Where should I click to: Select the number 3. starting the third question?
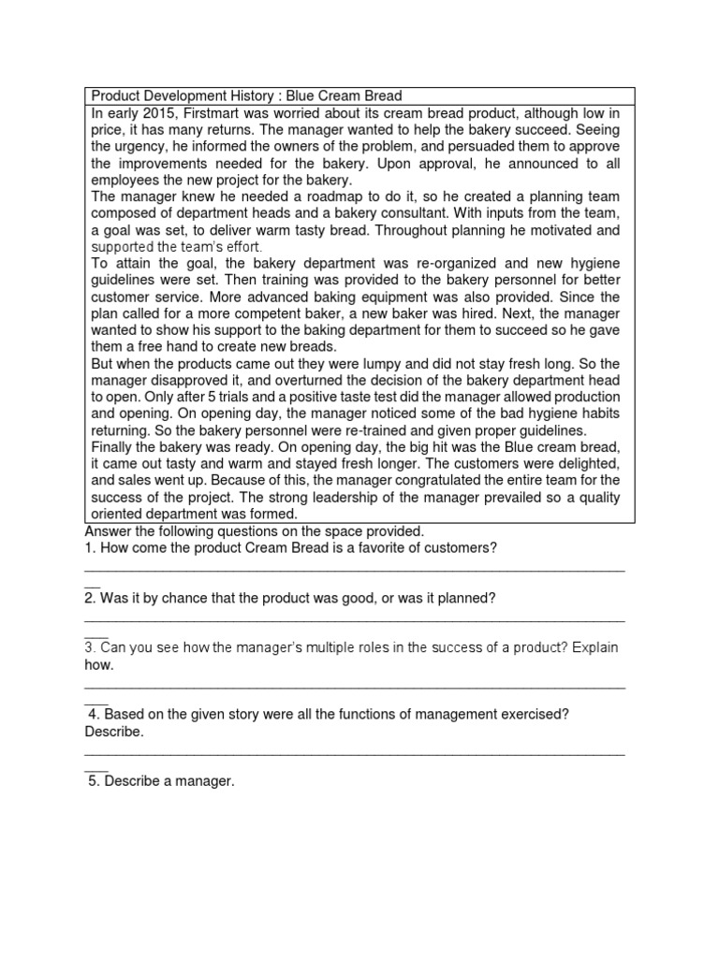[90, 648]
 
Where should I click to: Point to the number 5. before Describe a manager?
[94, 781]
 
